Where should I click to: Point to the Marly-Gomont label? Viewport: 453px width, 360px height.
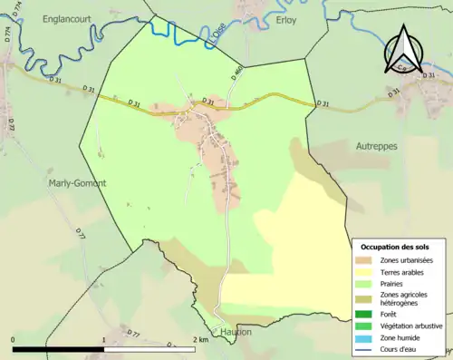76,182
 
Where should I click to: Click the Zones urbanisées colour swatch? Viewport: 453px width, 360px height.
368,261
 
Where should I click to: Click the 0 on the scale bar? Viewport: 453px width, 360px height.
14,340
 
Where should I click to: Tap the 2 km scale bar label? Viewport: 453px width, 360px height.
201,340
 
